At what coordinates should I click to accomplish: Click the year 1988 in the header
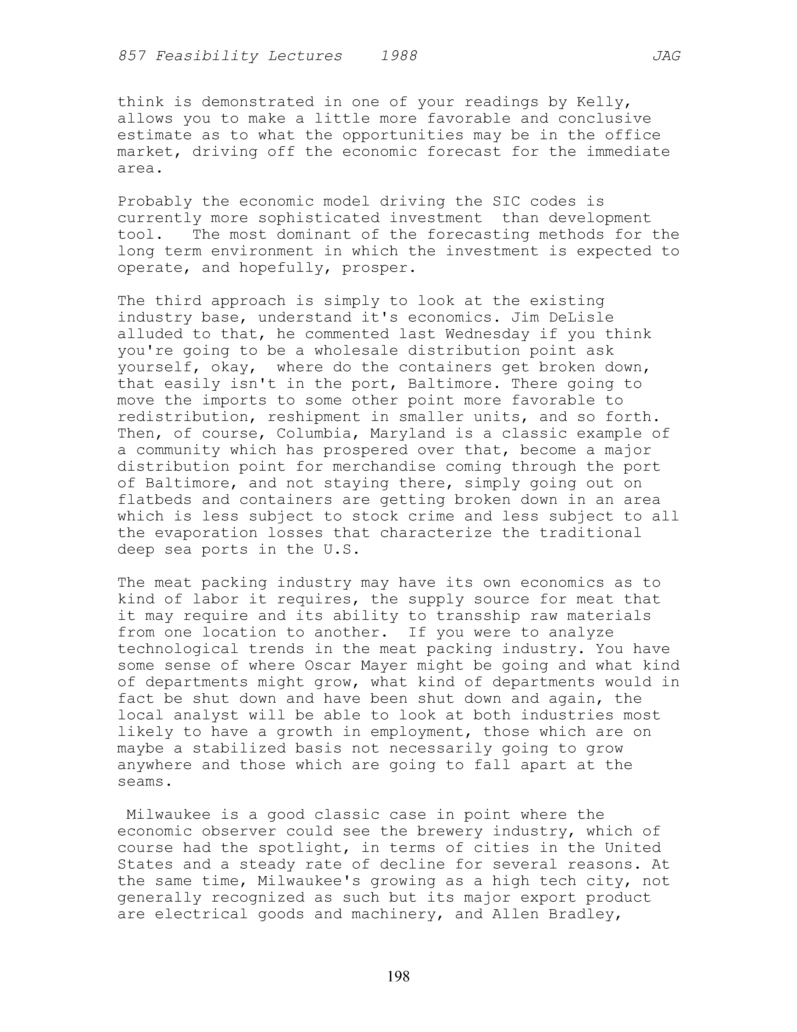[399, 56]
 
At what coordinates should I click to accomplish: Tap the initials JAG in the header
[666, 56]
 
